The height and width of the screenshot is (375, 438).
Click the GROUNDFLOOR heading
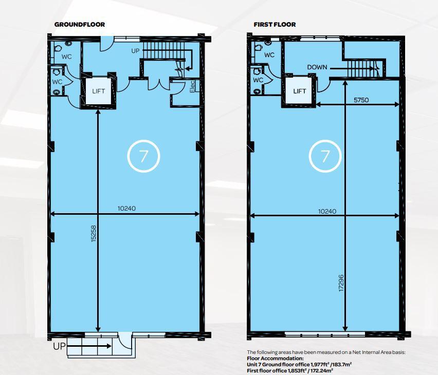[x=80, y=25]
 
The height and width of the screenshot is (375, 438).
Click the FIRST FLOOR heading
[x=275, y=25]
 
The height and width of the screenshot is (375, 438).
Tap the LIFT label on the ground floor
[x=99, y=91]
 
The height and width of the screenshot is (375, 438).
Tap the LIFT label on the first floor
[x=299, y=91]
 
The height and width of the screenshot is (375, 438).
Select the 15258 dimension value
[x=94, y=233]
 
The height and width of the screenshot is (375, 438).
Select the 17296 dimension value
[x=341, y=284]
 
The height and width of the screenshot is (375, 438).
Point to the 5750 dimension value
[x=361, y=100]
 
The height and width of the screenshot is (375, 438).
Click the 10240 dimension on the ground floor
[x=126, y=208]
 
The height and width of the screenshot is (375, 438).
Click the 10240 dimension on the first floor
[x=327, y=211]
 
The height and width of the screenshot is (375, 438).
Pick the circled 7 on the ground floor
[x=143, y=156]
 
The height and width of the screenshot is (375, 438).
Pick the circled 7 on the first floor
[x=325, y=156]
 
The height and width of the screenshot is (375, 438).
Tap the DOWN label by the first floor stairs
[x=317, y=67]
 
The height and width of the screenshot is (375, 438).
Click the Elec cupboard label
[x=192, y=87]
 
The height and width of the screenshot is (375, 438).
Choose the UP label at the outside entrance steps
[x=60, y=346]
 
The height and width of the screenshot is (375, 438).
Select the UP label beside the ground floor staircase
[x=135, y=51]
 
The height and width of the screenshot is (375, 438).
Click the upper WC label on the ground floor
[x=66, y=57]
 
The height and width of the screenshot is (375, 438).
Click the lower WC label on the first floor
[x=258, y=80]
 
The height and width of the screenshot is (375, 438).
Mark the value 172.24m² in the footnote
[x=322, y=370]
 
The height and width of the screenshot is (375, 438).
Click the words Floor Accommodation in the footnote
[x=275, y=358]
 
